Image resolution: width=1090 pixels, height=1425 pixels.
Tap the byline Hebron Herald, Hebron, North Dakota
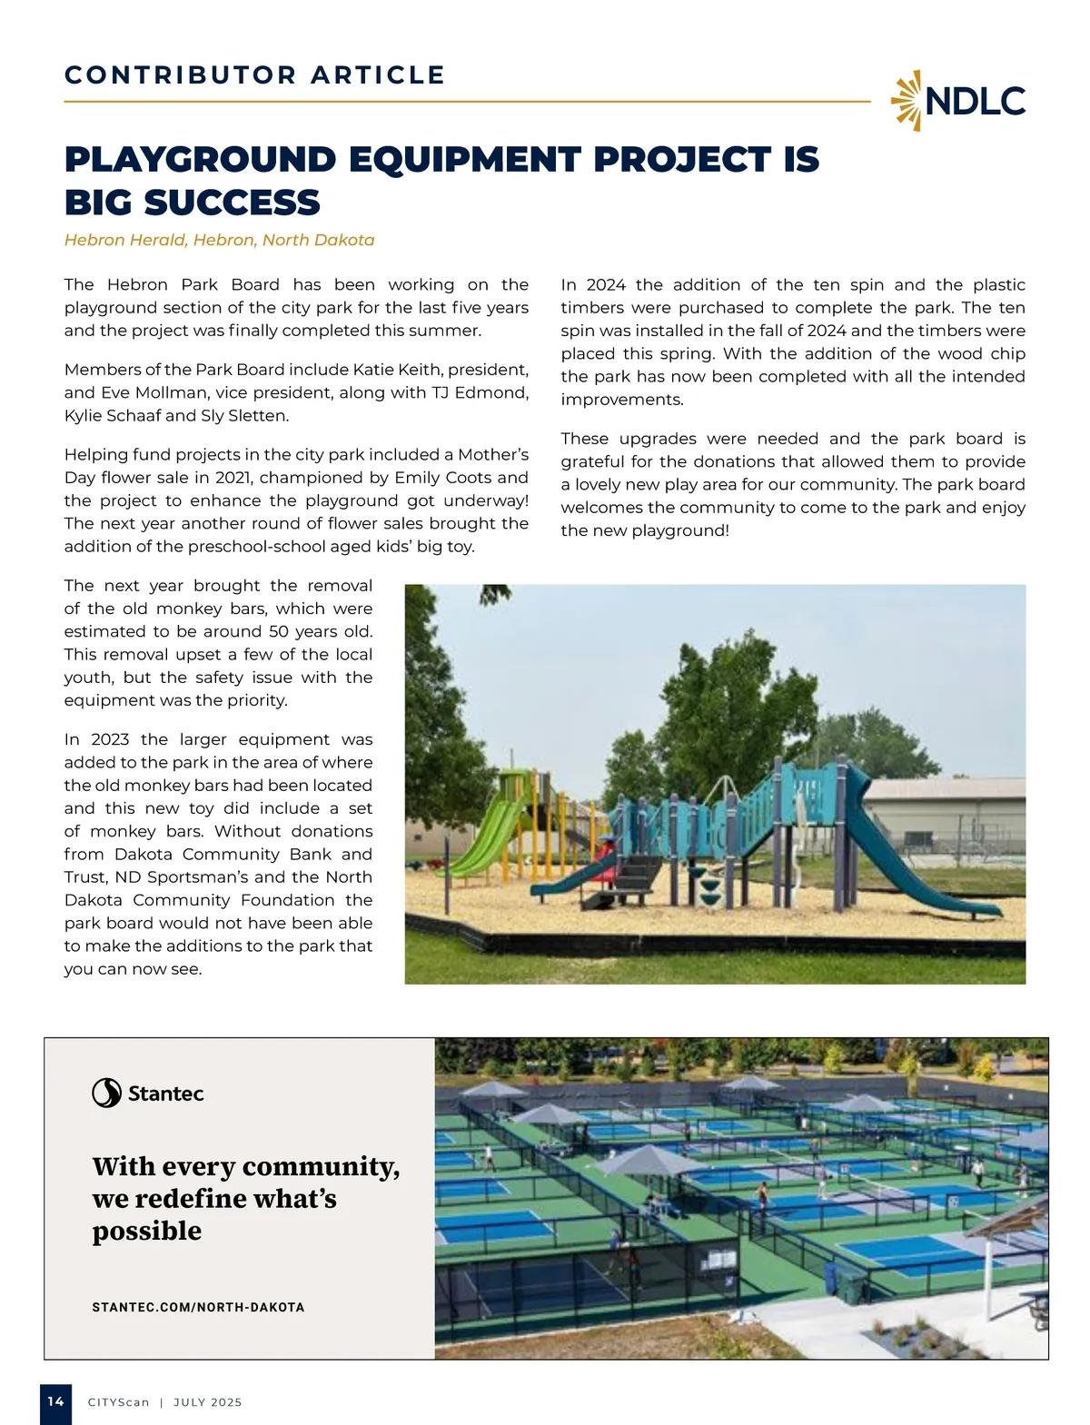[x=219, y=240]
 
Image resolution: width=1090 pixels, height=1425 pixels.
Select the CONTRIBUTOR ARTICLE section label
[x=254, y=75]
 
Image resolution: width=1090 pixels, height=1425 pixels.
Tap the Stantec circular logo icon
[x=106, y=1093]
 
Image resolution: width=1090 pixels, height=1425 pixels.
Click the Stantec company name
[x=165, y=1093]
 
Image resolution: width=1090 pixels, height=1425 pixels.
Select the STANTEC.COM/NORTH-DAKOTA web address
[x=198, y=1307]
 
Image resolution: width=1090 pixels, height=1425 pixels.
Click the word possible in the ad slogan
[x=146, y=1232]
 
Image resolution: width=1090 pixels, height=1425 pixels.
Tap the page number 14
[x=55, y=1401]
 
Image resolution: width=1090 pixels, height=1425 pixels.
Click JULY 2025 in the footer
[x=207, y=1402]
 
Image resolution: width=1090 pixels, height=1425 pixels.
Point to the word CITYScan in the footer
[x=118, y=1402]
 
